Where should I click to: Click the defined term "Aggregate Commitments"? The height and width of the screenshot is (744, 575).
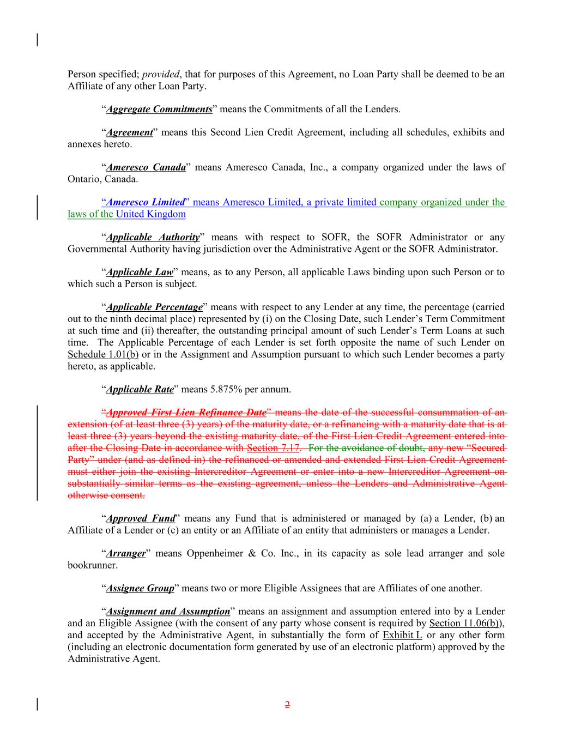(x=159, y=109)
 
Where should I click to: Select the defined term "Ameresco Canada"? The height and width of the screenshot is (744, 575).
(x=146, y=167)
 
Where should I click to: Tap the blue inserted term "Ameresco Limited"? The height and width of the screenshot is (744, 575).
(x=145, y=202)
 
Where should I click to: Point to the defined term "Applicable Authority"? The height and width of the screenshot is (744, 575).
(x=153, y=237)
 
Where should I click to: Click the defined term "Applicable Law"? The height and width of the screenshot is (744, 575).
(x=139, y=272)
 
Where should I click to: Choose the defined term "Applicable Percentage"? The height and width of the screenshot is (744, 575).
(x=154, y=307)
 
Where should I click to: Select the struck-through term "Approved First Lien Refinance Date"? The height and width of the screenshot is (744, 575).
(x=186, y=413)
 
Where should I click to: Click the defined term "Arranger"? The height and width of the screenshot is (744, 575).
(x=126, y=553)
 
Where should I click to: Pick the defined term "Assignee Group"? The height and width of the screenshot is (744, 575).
(x=140, y=588)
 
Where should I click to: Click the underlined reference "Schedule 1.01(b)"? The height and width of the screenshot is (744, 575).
(x=103, y=354)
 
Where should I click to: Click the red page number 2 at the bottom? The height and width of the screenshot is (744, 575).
(x=287, y=705)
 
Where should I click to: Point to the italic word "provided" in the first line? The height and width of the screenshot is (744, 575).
(x=160, y=74)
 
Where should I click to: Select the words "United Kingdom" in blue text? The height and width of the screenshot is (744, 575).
(x=150, y=214)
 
